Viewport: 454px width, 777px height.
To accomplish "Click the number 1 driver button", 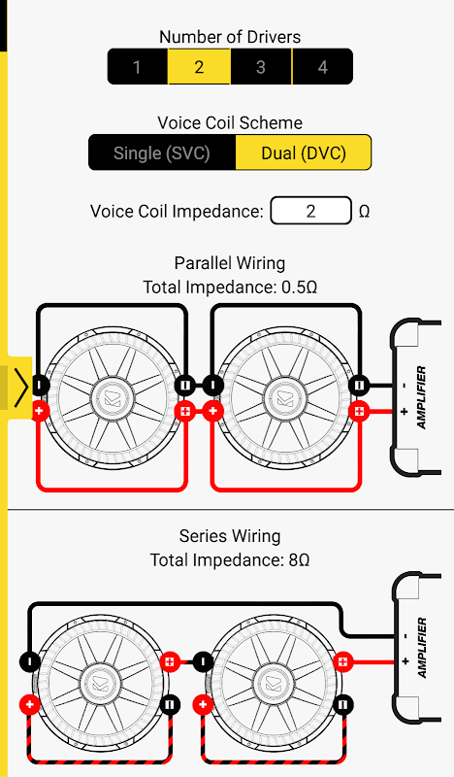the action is point(138,66).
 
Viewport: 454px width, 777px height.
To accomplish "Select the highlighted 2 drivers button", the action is point(199,66).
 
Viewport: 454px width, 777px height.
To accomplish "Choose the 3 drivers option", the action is point(261,66).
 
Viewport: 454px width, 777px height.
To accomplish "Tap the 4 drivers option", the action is point(322,66).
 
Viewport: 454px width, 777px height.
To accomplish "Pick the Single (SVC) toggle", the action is point(162,152).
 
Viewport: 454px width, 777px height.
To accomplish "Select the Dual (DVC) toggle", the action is point(304,152).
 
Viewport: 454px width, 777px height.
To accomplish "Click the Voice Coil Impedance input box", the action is point(311,211).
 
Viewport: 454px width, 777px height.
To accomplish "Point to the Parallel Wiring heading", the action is point(230,263).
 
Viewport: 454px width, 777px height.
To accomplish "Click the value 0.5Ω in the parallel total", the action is point(299,287).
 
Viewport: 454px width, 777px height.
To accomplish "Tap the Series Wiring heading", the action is point(230,536).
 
